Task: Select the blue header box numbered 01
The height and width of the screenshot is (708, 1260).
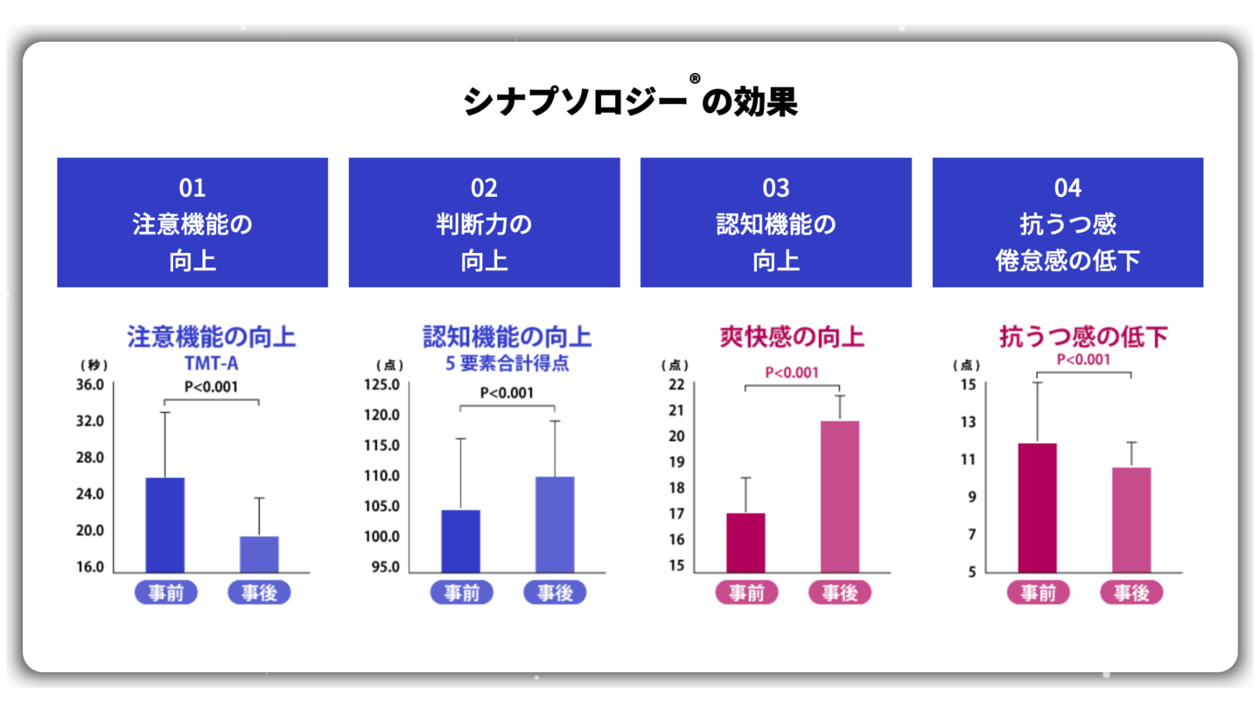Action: (192, 222)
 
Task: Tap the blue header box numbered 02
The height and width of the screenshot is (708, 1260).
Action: (484, 222)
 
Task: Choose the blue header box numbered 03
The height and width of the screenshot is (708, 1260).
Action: (775, 222)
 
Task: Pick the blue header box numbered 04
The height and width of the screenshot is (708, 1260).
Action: (1067, 222)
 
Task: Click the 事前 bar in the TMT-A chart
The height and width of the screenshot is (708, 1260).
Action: (164, 525)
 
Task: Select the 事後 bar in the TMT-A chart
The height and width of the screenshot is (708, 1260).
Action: (259, 554)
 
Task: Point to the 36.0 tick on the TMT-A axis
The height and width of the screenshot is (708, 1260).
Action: (89, 385)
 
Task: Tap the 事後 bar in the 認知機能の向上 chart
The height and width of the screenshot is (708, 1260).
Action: (555, 524)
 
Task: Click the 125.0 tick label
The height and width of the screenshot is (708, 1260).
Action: (381, 385)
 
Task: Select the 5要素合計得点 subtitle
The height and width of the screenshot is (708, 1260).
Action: (507, 363)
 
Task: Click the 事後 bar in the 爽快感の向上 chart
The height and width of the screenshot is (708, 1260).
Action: (840, 496)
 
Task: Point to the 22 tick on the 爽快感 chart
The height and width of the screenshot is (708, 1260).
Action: (676, 385)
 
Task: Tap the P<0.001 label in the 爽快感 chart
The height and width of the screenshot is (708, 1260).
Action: (792, 373)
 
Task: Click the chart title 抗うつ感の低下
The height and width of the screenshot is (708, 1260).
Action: (1083, 337)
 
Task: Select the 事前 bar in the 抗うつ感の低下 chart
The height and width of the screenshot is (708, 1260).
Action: (1038, 508)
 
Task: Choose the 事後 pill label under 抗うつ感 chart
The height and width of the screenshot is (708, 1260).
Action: (1131, 592)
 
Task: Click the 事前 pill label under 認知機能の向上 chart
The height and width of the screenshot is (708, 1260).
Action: (461, 592)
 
